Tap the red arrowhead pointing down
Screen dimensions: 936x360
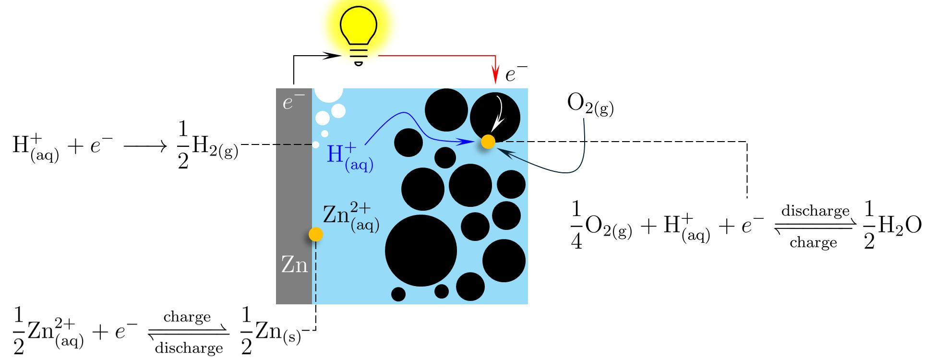pyautogui.click(x=494, y=77)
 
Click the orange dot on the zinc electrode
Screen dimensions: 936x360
pyautogui.click(x=315, y=234)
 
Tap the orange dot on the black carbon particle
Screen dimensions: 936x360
pyautogui.click(x=488, y=142)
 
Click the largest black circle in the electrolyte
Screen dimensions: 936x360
pyautogui.click(x=421, y=251)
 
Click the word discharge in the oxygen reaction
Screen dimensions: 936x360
pyautogui.click(x=815, y=211)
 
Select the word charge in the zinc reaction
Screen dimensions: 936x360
pyautogui.click(x=187, y=317)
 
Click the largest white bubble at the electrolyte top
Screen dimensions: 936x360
pyautogui.click(x=328, y=92)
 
